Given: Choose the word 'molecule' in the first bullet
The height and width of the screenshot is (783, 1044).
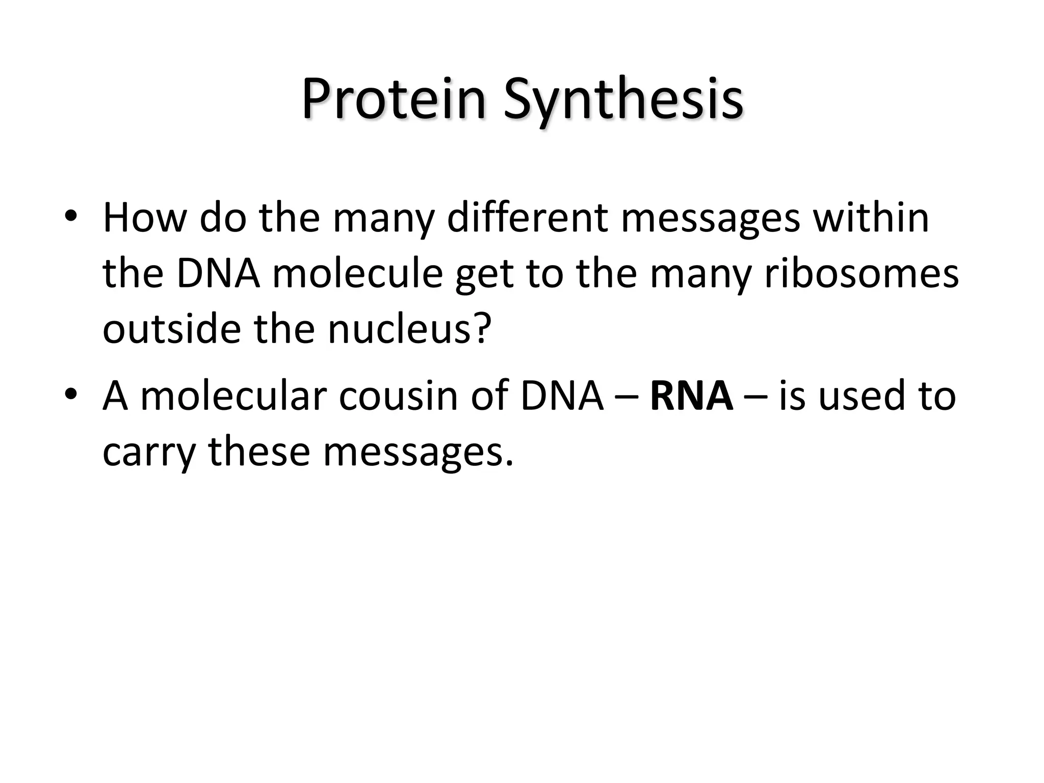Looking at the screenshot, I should [x=357, y=274].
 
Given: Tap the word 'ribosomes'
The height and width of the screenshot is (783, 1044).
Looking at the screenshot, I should [x=861, y=274].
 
